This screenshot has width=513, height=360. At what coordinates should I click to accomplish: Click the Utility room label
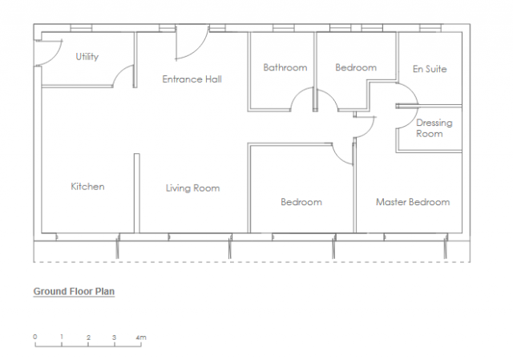[88, 57]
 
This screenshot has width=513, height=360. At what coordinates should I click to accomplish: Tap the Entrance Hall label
[192, 79]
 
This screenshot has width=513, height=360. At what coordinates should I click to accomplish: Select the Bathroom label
[285, 68]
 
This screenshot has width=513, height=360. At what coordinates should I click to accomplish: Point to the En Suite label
[430, 69]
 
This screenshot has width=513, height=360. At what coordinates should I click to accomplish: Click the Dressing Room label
[434, 128]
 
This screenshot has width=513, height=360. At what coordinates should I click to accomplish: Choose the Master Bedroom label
[413, 202]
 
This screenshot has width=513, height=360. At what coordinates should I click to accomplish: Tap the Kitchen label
[87, 187]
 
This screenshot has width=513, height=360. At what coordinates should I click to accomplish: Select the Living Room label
[192, 188]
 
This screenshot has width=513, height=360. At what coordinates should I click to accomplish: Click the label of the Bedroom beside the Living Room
[301, 202]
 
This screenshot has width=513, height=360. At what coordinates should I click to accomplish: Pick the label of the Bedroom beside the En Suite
[355, 68]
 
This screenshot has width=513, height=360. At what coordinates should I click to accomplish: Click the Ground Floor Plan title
[74, 292]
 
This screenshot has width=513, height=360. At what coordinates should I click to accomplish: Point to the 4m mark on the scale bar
[141, 337]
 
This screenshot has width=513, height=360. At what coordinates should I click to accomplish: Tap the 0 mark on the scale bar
[35, 337]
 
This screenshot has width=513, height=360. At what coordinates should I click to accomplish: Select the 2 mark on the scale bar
[88, 337]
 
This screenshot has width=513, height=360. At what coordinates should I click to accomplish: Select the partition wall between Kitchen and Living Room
[136, 193]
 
